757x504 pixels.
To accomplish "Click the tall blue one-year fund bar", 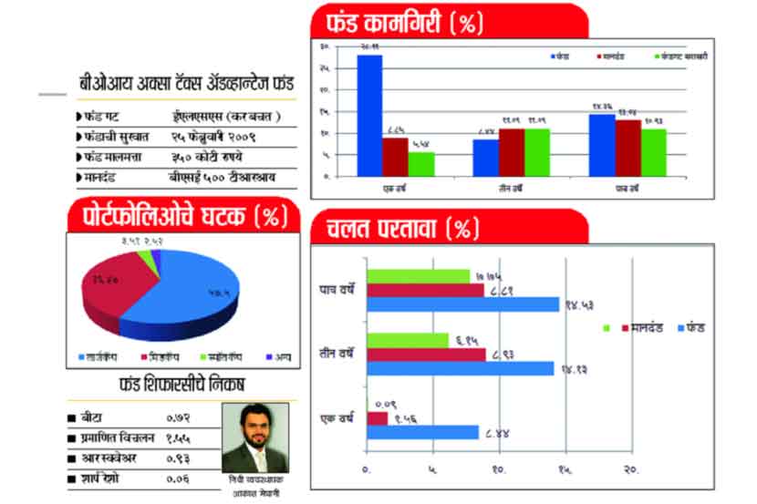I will click(x=368, y=115).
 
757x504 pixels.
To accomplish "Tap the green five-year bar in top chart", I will click(x=653, y=152).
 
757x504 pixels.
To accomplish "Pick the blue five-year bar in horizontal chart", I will click(x=462, y=304).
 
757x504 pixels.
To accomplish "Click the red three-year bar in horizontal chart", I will click(x=426, y=354).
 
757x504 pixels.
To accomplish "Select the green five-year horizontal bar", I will click(x=418, y=276).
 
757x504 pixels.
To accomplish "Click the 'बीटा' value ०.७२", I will click(x=179, y=417).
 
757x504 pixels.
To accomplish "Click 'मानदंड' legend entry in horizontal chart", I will click(x=643, y=327).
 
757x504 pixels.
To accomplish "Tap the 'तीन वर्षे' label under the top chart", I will click(x=510, y=189).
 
